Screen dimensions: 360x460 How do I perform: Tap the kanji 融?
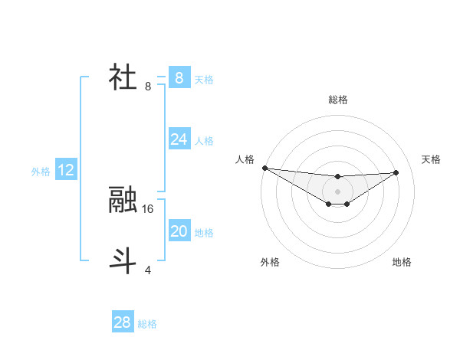coord(123,200)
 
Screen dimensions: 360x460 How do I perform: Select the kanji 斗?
coord(123,260)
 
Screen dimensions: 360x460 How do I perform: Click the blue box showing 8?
coord(179,77)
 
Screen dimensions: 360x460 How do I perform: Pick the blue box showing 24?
coord(179,139)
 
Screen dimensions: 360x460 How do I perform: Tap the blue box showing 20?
coord(179,231)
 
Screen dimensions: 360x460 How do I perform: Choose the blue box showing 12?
coord(66,170)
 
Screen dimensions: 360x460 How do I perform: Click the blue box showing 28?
coord(122,322)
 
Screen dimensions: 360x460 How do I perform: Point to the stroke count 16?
coord(148,208)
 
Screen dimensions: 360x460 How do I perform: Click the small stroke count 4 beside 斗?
coord(148,270)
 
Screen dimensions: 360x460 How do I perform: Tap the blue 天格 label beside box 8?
coord(204,79)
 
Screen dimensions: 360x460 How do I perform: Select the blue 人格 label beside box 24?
coord(204,141)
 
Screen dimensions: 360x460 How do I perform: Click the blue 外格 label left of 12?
coord(41,172)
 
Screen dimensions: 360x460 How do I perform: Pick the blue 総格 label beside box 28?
coord(147,324)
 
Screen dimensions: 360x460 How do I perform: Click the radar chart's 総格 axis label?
coord(337,100)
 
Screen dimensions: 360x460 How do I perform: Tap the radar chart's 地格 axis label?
coord(402,262)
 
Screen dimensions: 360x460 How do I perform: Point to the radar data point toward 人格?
coord(264,168)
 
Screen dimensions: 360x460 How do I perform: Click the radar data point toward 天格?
coord(396,172)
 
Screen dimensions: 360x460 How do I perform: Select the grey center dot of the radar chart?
coord(337,191)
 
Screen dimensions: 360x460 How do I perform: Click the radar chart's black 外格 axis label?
coord(270,262)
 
